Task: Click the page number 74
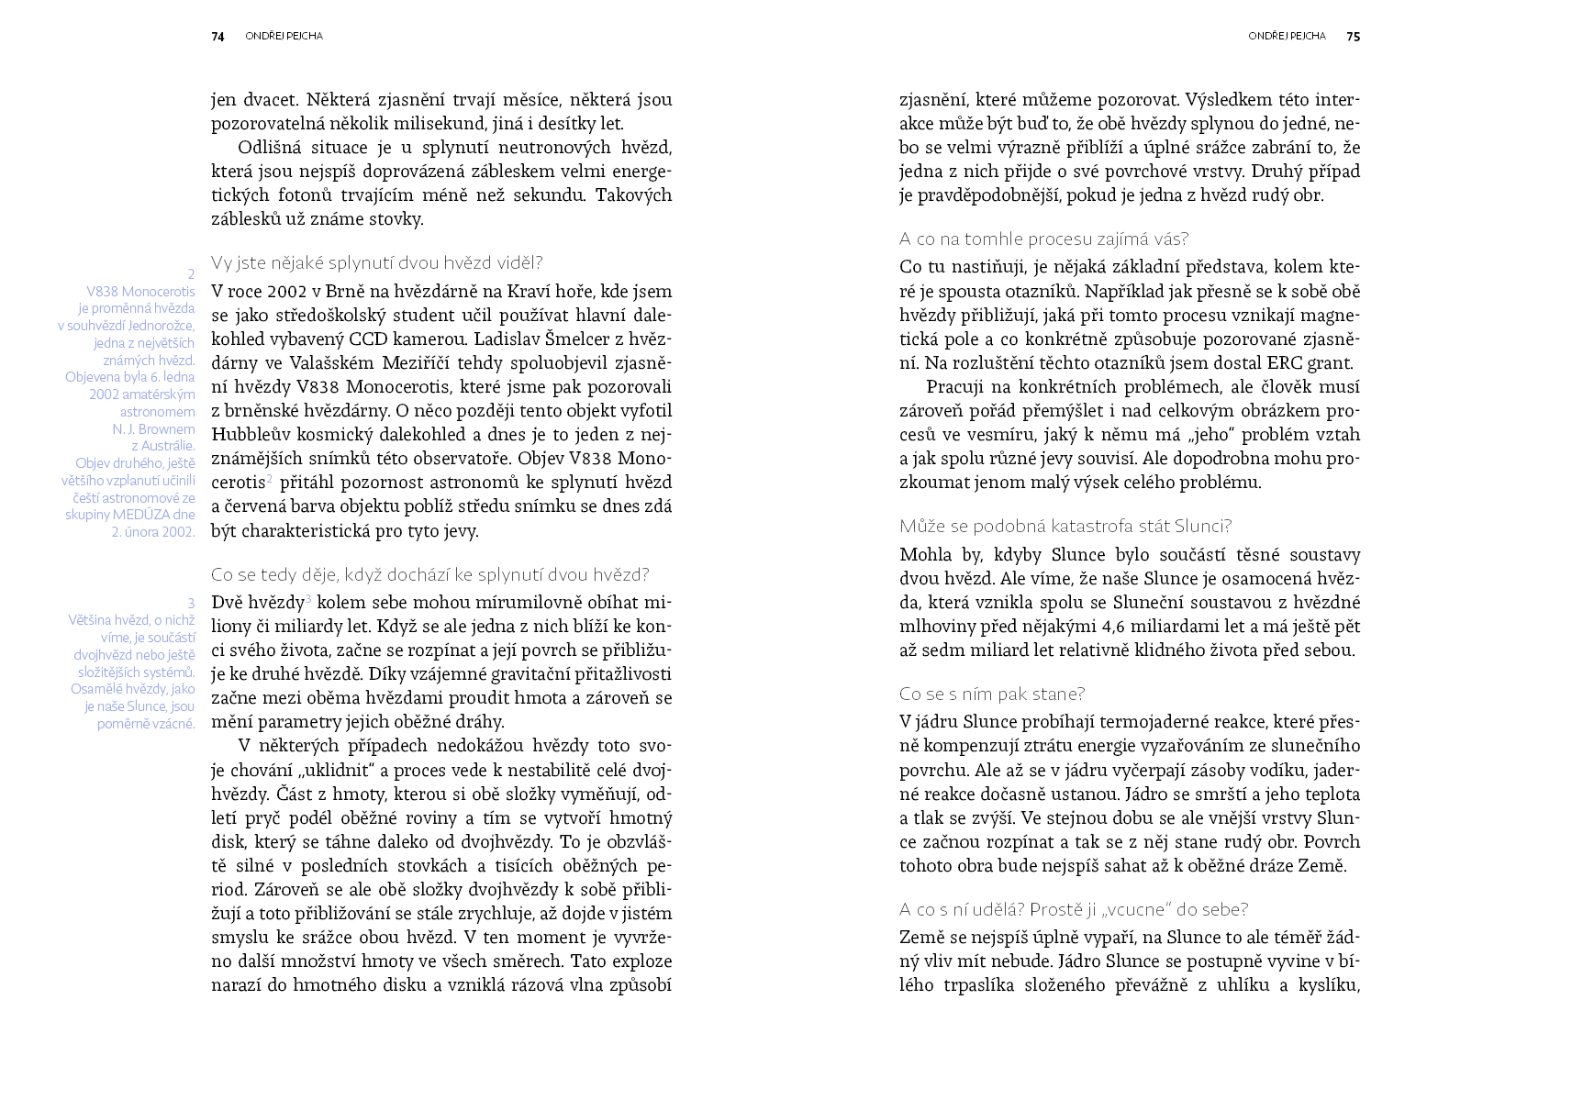(217, 37)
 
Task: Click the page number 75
(1354, 37)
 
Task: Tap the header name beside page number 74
(284, 37)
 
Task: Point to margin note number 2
(191, 274)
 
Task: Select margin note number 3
(191, 603)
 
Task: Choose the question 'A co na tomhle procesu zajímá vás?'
(1043, 239)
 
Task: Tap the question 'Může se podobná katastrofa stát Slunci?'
(1065, 527)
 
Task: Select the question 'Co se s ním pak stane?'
(991, 694)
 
